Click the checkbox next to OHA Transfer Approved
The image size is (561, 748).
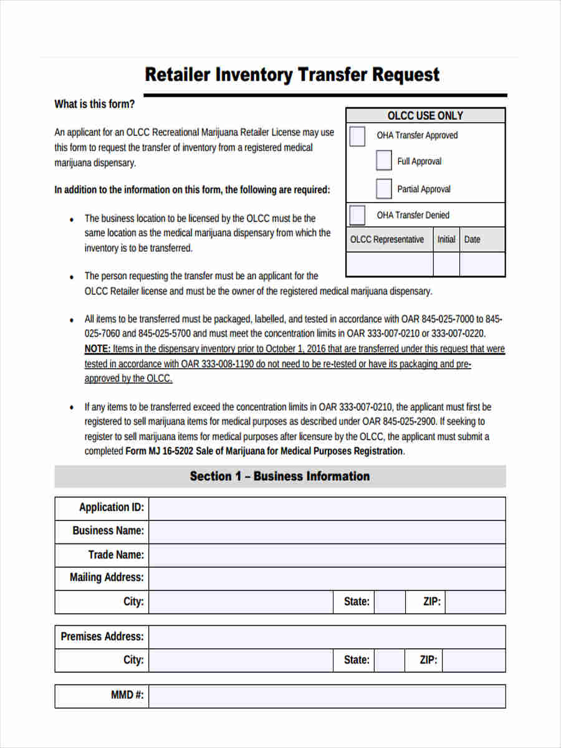[357, 136]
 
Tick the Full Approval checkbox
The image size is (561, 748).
[384, 161]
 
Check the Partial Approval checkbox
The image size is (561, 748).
[384, 188]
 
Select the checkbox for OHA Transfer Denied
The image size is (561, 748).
[357, 215]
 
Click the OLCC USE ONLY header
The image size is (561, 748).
[425, 115]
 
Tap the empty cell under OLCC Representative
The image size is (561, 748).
[390, 264]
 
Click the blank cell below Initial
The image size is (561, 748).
[446, 264]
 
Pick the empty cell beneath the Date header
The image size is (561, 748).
[482, 264]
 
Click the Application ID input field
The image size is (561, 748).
[327, 508]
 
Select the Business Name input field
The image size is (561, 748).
[327, 532]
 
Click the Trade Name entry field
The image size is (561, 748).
[327, 555]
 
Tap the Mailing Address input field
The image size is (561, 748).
[327, 578]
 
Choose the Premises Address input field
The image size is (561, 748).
[327, 637]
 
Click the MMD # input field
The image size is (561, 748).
[327, 696]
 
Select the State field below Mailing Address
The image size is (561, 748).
[390, 602]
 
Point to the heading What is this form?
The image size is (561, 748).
[94, 104]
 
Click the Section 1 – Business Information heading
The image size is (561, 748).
[280, 476]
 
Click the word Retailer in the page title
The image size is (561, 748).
[178, 75]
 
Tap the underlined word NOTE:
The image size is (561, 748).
[98, 349]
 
